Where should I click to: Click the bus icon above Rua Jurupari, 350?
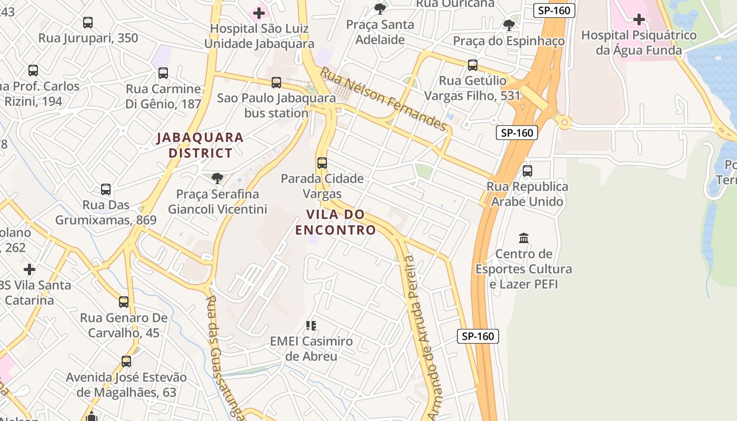click(x=88, y=23)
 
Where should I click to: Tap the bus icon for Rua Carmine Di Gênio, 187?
click(x=163, y=73)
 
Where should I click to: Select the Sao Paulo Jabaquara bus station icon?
click(x=276, y=83)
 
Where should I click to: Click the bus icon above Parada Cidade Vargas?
click(x=322, y=163)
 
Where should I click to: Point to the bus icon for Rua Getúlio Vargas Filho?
click(x=473, y=65)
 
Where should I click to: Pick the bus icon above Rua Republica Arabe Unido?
click(x=527, y=171)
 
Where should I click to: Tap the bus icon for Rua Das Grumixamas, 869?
click(x=106, y=189)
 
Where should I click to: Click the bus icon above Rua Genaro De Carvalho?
click(x=124, y=302)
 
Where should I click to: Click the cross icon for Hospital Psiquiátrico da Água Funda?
click(x=639, y=20)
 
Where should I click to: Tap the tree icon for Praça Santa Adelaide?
click(x=380, y=9)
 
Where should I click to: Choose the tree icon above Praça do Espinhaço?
click(x=509, y=25)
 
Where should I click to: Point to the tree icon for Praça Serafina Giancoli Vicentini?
click(x=217, y=178)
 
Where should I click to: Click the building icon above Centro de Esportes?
click(x=524, y=238)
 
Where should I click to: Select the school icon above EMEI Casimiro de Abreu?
click(x=311, y=326)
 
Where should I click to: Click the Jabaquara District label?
click(x=200, y=145)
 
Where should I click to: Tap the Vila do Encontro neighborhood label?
click(x=335, y=222)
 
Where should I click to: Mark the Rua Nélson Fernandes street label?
click(x=384, y=98)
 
